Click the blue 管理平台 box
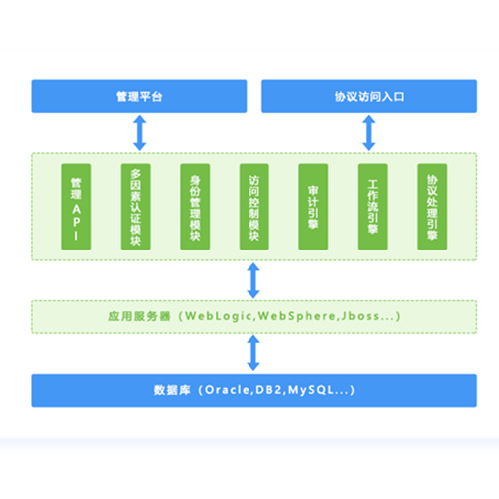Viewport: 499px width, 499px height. click(139, 96)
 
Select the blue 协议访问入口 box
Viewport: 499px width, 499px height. click(369, 96)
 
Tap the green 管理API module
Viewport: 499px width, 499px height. click(76, 207)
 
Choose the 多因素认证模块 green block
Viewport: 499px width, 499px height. click(136, 207)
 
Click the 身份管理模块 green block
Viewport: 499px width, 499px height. click(195, 207)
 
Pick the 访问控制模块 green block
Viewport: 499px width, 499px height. click(254, 207)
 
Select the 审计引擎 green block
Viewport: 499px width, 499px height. click(313, 207)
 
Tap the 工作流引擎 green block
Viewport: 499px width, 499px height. click(373, 207)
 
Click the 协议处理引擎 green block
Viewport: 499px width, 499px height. click(432, 207)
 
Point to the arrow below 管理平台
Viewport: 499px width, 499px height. click(140, 133)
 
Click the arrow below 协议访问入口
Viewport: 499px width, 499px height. click(369, 133)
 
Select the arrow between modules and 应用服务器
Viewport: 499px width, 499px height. click(253, 280)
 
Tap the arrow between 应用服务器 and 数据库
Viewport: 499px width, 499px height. click(253, 353)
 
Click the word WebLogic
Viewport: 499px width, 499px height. click(219, 316)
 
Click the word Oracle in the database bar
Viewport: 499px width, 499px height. click(227, 390)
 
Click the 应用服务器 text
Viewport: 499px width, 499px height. click(139, 316)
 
